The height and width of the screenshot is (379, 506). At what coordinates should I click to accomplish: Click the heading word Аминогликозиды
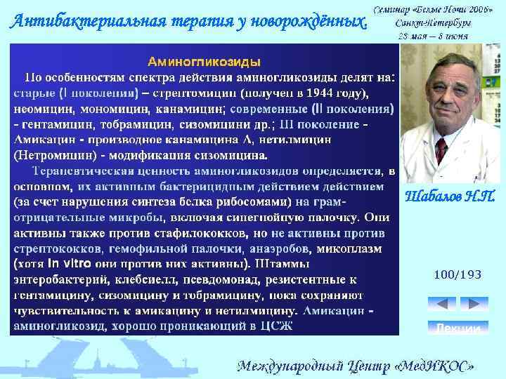pyautogui.click(x=204, y=61)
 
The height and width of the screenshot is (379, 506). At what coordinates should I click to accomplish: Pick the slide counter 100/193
pyautogui.click(x=458, y=274)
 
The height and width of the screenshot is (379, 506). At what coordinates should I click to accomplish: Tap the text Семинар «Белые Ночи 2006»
pyautogui.click(x=432, y=10)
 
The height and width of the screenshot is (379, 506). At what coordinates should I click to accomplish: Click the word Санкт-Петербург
pyautogui.click(x=433, y=22)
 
